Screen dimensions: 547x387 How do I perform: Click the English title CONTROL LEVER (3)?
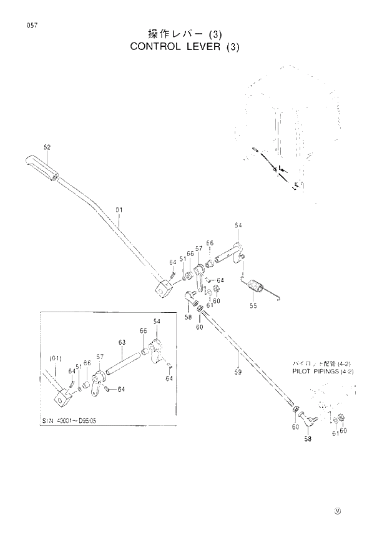(185, 47)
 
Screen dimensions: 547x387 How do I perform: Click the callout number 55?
(253, 306)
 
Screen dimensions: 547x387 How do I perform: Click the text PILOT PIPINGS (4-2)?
(323, 371)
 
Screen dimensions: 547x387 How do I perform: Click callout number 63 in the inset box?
(122, 342)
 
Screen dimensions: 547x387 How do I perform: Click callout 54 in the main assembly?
(238, 225)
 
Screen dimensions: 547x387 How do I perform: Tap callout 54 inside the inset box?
(157, 321)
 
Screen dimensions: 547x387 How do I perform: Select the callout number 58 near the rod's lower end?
(307, 439)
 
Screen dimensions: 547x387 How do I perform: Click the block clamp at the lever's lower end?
(164, 290)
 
